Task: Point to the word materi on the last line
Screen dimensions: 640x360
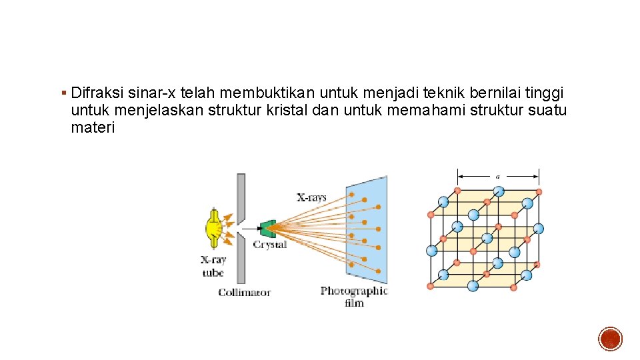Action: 93,128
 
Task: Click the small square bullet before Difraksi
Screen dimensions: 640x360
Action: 63,92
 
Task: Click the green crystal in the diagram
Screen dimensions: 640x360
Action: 268,228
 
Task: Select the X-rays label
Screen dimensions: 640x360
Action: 311,197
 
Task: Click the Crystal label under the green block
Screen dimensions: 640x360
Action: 270,245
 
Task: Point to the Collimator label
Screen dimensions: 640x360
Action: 245,292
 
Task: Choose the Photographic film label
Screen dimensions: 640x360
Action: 354,297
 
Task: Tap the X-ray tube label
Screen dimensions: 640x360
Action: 213,266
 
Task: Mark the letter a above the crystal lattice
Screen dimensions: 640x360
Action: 497,176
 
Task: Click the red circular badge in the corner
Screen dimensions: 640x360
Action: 610,339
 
